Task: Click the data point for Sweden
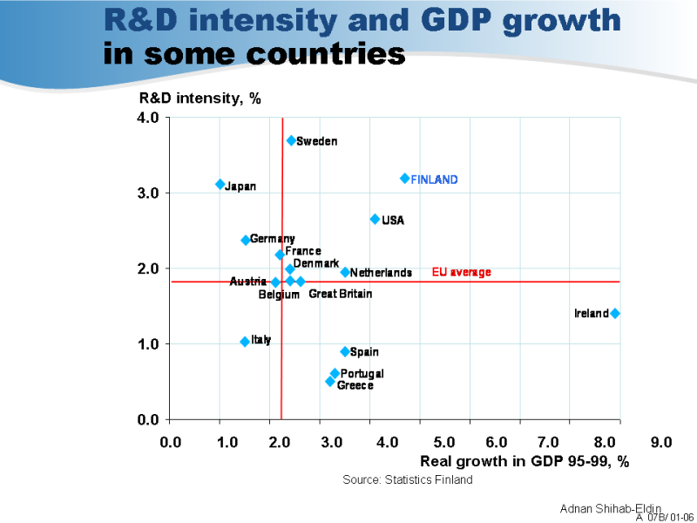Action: (291, 140)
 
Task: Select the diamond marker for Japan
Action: (220, 185)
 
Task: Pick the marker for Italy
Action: (245, 342)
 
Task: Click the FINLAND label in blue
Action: (434, 180)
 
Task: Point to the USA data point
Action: (375, 220)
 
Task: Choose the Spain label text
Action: (364, 352)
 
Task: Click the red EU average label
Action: (462, 273)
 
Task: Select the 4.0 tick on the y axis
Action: (148, 118)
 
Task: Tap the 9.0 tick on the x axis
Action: (662, 443)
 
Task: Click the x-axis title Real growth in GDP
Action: (524, 461)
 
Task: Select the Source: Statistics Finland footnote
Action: (408, 479)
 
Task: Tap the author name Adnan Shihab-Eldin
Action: (610, 508)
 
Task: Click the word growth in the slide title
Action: (558, 20)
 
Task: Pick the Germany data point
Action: (246, 241)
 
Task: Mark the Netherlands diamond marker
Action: (345, 273)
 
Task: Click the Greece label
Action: (355, 385)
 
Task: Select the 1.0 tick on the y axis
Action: (148, 344)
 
